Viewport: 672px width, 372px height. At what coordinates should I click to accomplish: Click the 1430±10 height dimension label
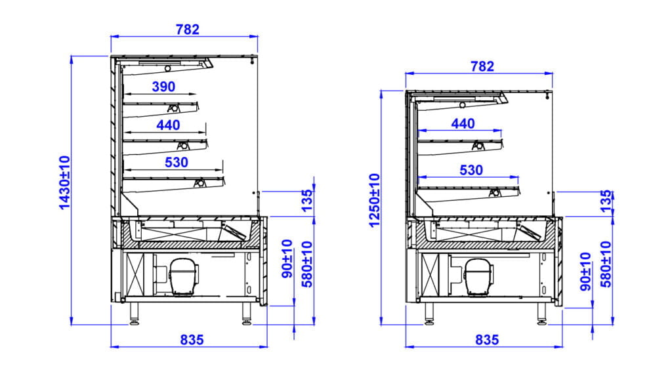coord(64,183)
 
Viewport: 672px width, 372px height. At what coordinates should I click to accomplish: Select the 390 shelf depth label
coord(163,87)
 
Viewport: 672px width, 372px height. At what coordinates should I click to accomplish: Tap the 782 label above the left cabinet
coord(187,30)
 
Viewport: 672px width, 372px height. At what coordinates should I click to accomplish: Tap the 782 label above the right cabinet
coord(482,66)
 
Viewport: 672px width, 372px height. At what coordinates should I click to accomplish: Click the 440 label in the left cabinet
coord(168,124)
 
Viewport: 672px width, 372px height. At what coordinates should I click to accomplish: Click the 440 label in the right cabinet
coord(463,123)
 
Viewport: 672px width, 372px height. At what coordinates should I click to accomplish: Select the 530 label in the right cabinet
coord(471,171)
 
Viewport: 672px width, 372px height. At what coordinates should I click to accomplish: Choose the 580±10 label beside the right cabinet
coord(604,264)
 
